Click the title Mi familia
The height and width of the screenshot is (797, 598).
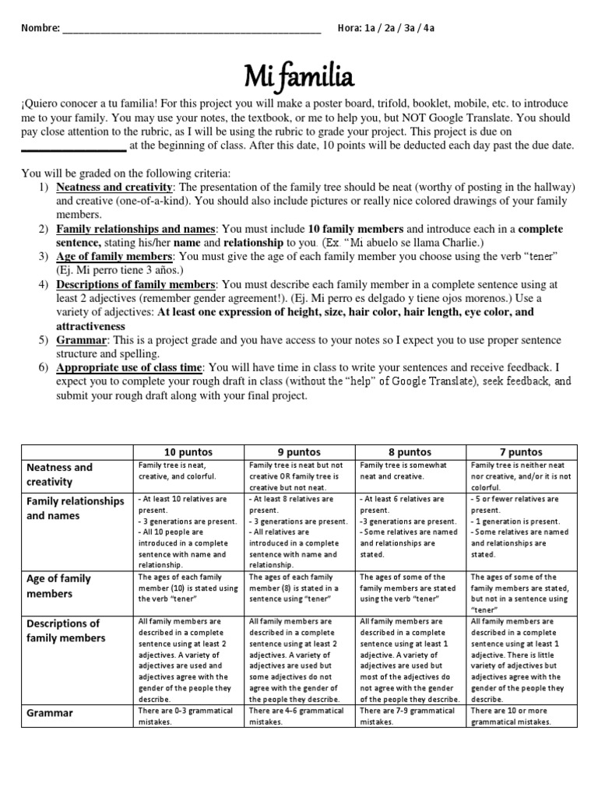[299, 75]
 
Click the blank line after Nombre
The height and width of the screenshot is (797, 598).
[191, 30]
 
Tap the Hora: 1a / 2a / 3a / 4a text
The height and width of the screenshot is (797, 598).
[385, 28]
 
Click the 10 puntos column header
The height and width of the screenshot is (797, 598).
[188, 451]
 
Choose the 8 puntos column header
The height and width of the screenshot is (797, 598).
[410, 451]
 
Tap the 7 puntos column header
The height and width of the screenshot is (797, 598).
[521, 451]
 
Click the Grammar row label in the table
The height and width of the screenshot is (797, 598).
[51, 712]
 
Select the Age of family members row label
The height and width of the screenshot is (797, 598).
[59, 586]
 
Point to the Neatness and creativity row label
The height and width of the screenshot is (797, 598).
[59, 475]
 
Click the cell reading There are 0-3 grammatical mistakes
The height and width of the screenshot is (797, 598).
[188, 716]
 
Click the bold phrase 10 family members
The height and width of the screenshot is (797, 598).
[355, 229]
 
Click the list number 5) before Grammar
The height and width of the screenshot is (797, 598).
[43, 340]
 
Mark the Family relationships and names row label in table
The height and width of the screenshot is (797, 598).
[75, 507]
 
